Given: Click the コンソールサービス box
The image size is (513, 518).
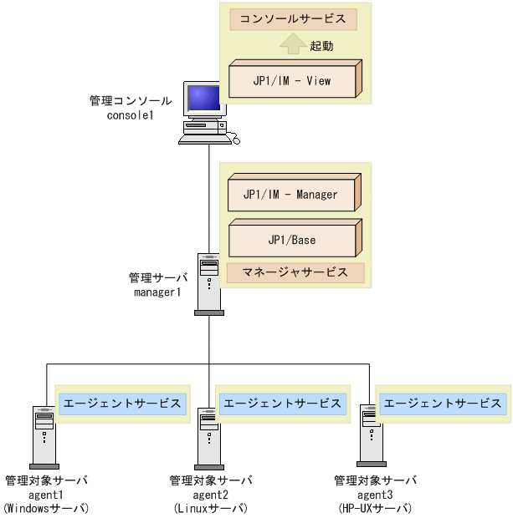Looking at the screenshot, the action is click(293, 19).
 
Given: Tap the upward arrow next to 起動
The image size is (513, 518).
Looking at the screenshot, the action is click(293, 43).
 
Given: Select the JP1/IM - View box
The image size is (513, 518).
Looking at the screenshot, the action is click(295, 79).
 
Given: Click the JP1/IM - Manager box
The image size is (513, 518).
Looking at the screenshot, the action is click(295, 192).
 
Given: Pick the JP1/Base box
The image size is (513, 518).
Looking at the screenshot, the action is click(295, 238).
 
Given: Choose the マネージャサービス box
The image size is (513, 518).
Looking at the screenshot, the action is click(295, 273).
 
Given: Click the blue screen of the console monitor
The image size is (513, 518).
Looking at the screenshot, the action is click(203, 98).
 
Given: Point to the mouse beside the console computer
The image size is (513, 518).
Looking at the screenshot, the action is click(236, 140).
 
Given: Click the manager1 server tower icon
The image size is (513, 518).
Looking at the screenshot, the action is click(209, 284).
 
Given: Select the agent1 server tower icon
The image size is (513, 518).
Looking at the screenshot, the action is click(44, 438).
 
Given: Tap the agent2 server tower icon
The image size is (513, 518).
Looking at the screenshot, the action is click(209, 439).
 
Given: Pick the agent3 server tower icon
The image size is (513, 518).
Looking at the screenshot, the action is click(371, 435).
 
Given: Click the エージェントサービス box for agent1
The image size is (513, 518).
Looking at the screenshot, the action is click(122, 404).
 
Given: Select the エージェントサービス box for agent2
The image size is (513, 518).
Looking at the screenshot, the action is click(283, 404).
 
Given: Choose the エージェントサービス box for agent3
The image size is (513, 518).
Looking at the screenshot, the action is click(443, 404).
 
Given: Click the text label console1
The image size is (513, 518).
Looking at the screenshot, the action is click(130, 115).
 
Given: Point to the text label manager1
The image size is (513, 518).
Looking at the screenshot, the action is click(157, 292).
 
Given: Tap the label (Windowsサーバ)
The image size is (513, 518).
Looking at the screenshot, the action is click(46, 508).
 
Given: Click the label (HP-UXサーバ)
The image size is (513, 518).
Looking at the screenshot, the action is click(375, 508).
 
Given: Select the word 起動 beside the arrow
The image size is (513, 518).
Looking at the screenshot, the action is click(321, 46).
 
